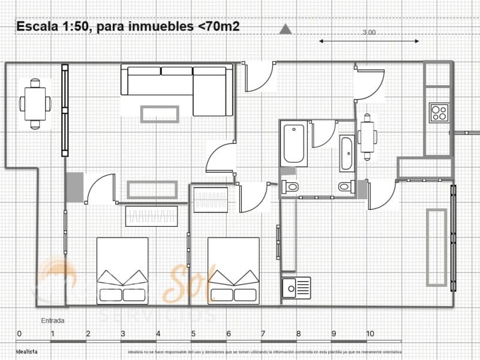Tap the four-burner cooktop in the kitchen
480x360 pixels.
coord(439,113)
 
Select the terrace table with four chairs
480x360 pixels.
coord(35,103)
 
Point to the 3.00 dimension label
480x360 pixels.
coord(369,34)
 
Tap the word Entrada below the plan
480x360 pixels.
coord(53,320)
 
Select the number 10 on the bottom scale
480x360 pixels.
coord(370,334)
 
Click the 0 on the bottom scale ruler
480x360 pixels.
coord(19,334)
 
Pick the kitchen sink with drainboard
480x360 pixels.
coord(296,287)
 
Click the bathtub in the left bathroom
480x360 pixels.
coord(295,144)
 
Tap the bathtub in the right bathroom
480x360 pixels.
coord(347,154)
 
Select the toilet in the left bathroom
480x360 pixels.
coord(291,187)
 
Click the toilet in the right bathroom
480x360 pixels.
coord(346,187)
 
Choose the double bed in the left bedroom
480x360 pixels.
coord(122,269)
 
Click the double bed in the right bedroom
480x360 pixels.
coord(233,269)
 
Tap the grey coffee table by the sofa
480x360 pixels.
coord(160,113)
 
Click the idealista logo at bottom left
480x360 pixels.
coord(26,352)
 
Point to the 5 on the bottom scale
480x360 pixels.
coord(193,334)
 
